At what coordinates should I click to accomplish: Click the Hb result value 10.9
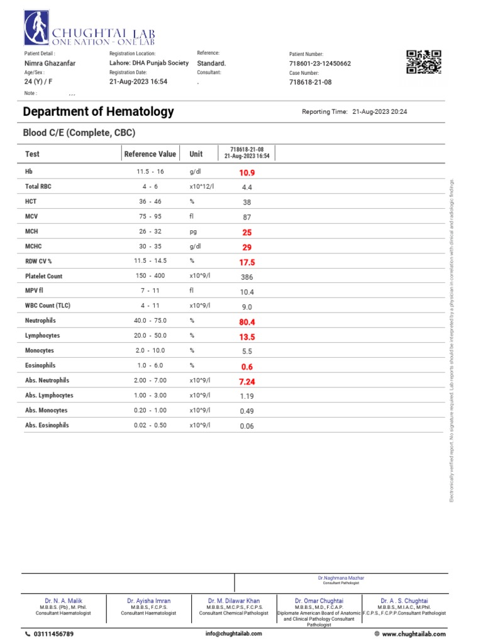click(x=247, y=172)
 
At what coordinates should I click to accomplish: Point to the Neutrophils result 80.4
click(x=247, y=322)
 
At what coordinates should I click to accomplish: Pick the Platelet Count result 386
click(x=247, y=277)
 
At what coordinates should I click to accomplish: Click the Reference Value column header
click(x=150, y=154)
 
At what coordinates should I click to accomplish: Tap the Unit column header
click(x=196, y=154)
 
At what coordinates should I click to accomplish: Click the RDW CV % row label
click(x=38, y=262)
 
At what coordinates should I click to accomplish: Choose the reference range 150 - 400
click(x=150, y=276)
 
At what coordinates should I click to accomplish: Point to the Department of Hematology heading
click(x=98, y=112)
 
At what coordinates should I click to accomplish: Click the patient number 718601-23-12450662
click(x=319, y=64)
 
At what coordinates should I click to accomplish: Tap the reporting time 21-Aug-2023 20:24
click(x=380, y=112)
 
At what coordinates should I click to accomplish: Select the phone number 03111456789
click(x=53, y=634)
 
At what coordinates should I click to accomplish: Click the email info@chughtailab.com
click(x=233, y=634)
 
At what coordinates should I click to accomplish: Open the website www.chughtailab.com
click(x=413, y=634)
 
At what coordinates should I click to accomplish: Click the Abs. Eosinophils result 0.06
click(x=247, y=426)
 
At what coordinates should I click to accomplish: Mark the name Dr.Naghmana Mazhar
click(x=340, y=578)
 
